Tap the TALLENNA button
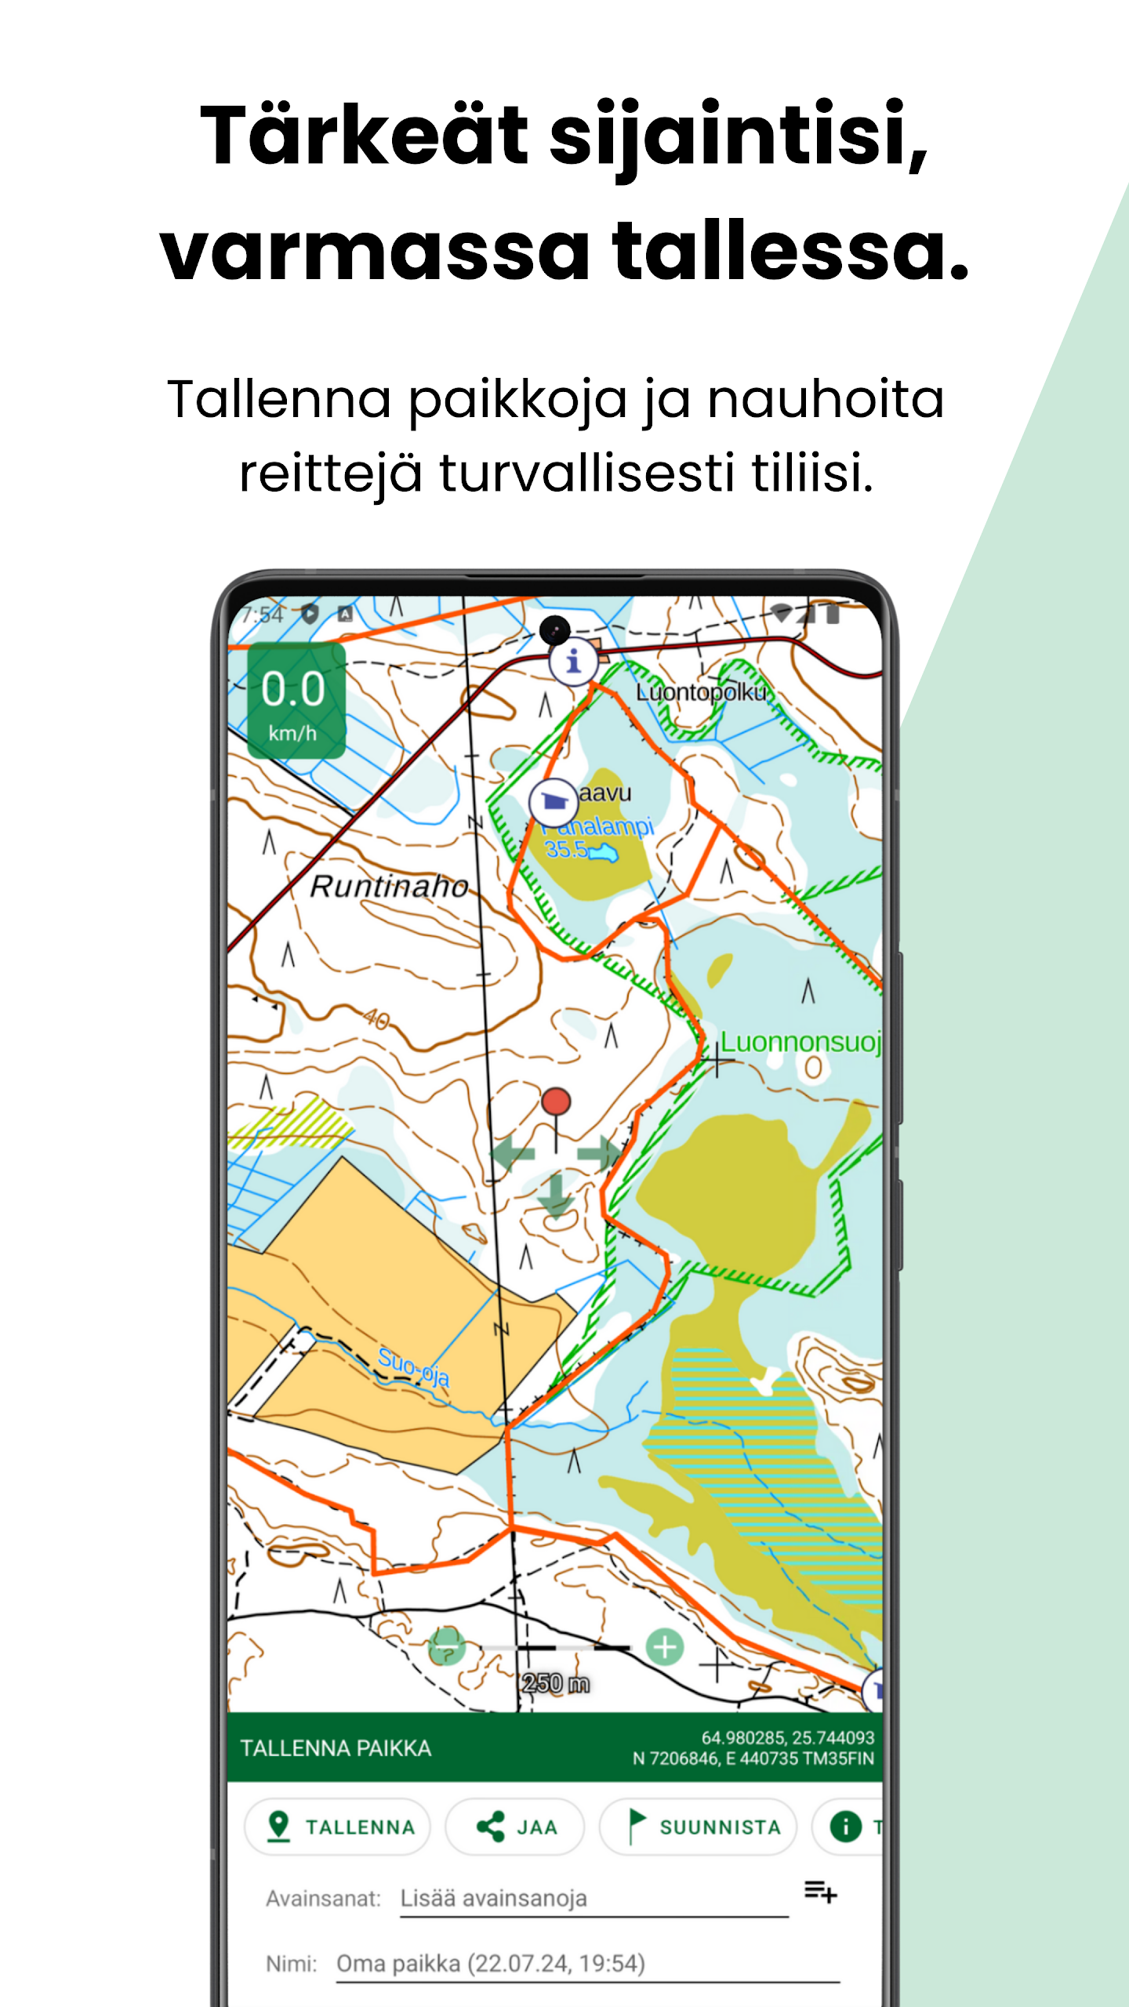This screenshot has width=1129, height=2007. (337, 1827)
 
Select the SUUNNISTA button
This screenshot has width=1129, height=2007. (698, 1827)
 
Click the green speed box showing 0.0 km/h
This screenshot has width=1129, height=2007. (296, 700)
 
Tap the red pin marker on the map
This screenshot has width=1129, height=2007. (556, 1102)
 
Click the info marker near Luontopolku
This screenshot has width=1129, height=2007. (573, 662)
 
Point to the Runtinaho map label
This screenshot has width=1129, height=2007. (389, 887)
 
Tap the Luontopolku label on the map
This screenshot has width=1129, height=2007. (700, 692)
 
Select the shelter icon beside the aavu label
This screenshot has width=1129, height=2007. (554, 801)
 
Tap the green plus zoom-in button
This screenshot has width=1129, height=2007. (665, 1646)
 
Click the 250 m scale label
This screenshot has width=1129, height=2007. (555, 1683)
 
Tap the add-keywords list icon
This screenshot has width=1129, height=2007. (820, 1892)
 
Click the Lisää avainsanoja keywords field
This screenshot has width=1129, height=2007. (593, 1899)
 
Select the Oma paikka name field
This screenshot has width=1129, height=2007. (586, 1964)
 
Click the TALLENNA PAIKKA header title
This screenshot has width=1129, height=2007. (336, 1748)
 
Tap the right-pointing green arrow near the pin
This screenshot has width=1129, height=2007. (598, 1152)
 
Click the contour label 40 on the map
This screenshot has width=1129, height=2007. (377, 1019)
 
